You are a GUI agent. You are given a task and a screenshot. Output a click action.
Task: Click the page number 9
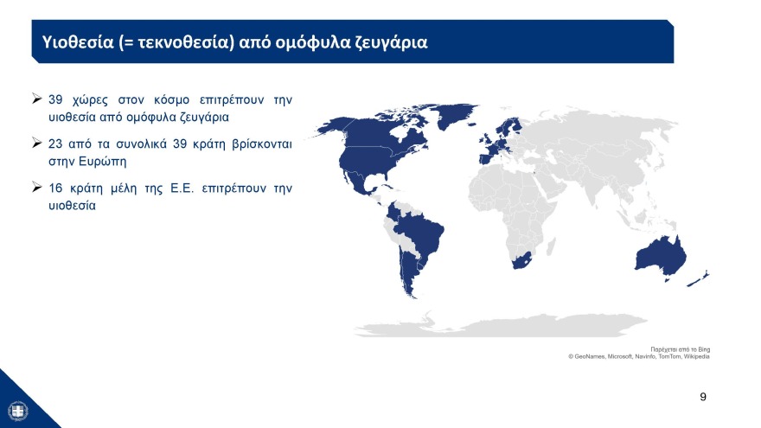(x=702, y=396)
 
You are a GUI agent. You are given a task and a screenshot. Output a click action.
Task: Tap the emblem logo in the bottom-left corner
(x=16, y=410)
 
